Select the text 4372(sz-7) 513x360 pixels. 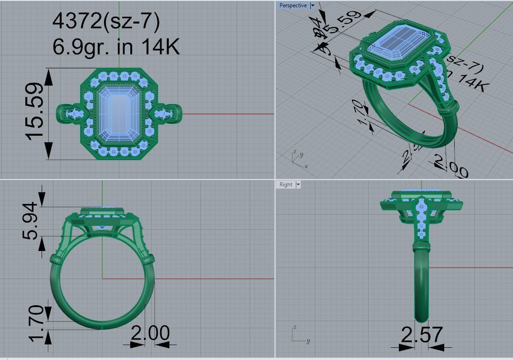pyautogui.click(x=106, y=21)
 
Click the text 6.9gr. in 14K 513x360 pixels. pyautogui.click(x=116, y=46)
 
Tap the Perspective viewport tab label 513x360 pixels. pyautogui.click(x=293, y=5)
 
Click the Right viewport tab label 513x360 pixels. pyautogui.click(x=286, y=185)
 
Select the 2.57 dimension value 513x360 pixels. pyautogui.click(x=422, y=335)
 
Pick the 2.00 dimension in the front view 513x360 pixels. pyautogui.click(x=150, y=333)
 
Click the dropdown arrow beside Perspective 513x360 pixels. pyautogui.click(x=312, y=5)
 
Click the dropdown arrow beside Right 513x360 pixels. pyautogui.click(x=298, y=185)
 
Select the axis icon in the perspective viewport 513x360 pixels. pyautogui.click(x=299, y=160)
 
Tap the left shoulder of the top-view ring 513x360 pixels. pyautogui.click(x=68, y=113)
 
